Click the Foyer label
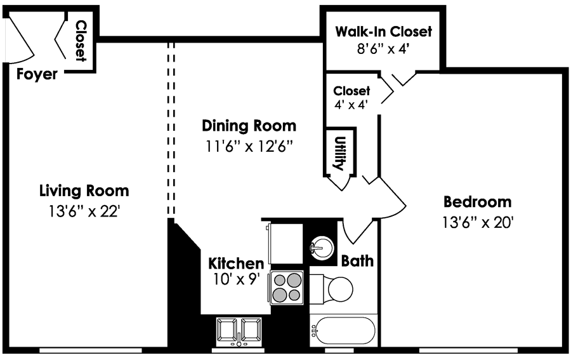(x=37, y=74)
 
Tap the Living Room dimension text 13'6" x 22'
(x=84, y=211)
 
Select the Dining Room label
(x=249, y=125)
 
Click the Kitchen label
(x=236, y=263)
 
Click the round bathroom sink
(x=322, y=246)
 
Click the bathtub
(x=343, y=331)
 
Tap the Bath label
(x=357, y=261)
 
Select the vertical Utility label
(x=339, y=152)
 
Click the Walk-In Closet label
(x=383, y=31)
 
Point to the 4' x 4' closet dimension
(x=351, y=105)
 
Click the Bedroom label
(x=477, y=202)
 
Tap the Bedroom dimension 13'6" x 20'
(x=478, y=223)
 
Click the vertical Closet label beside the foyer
(x=81, y=41)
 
